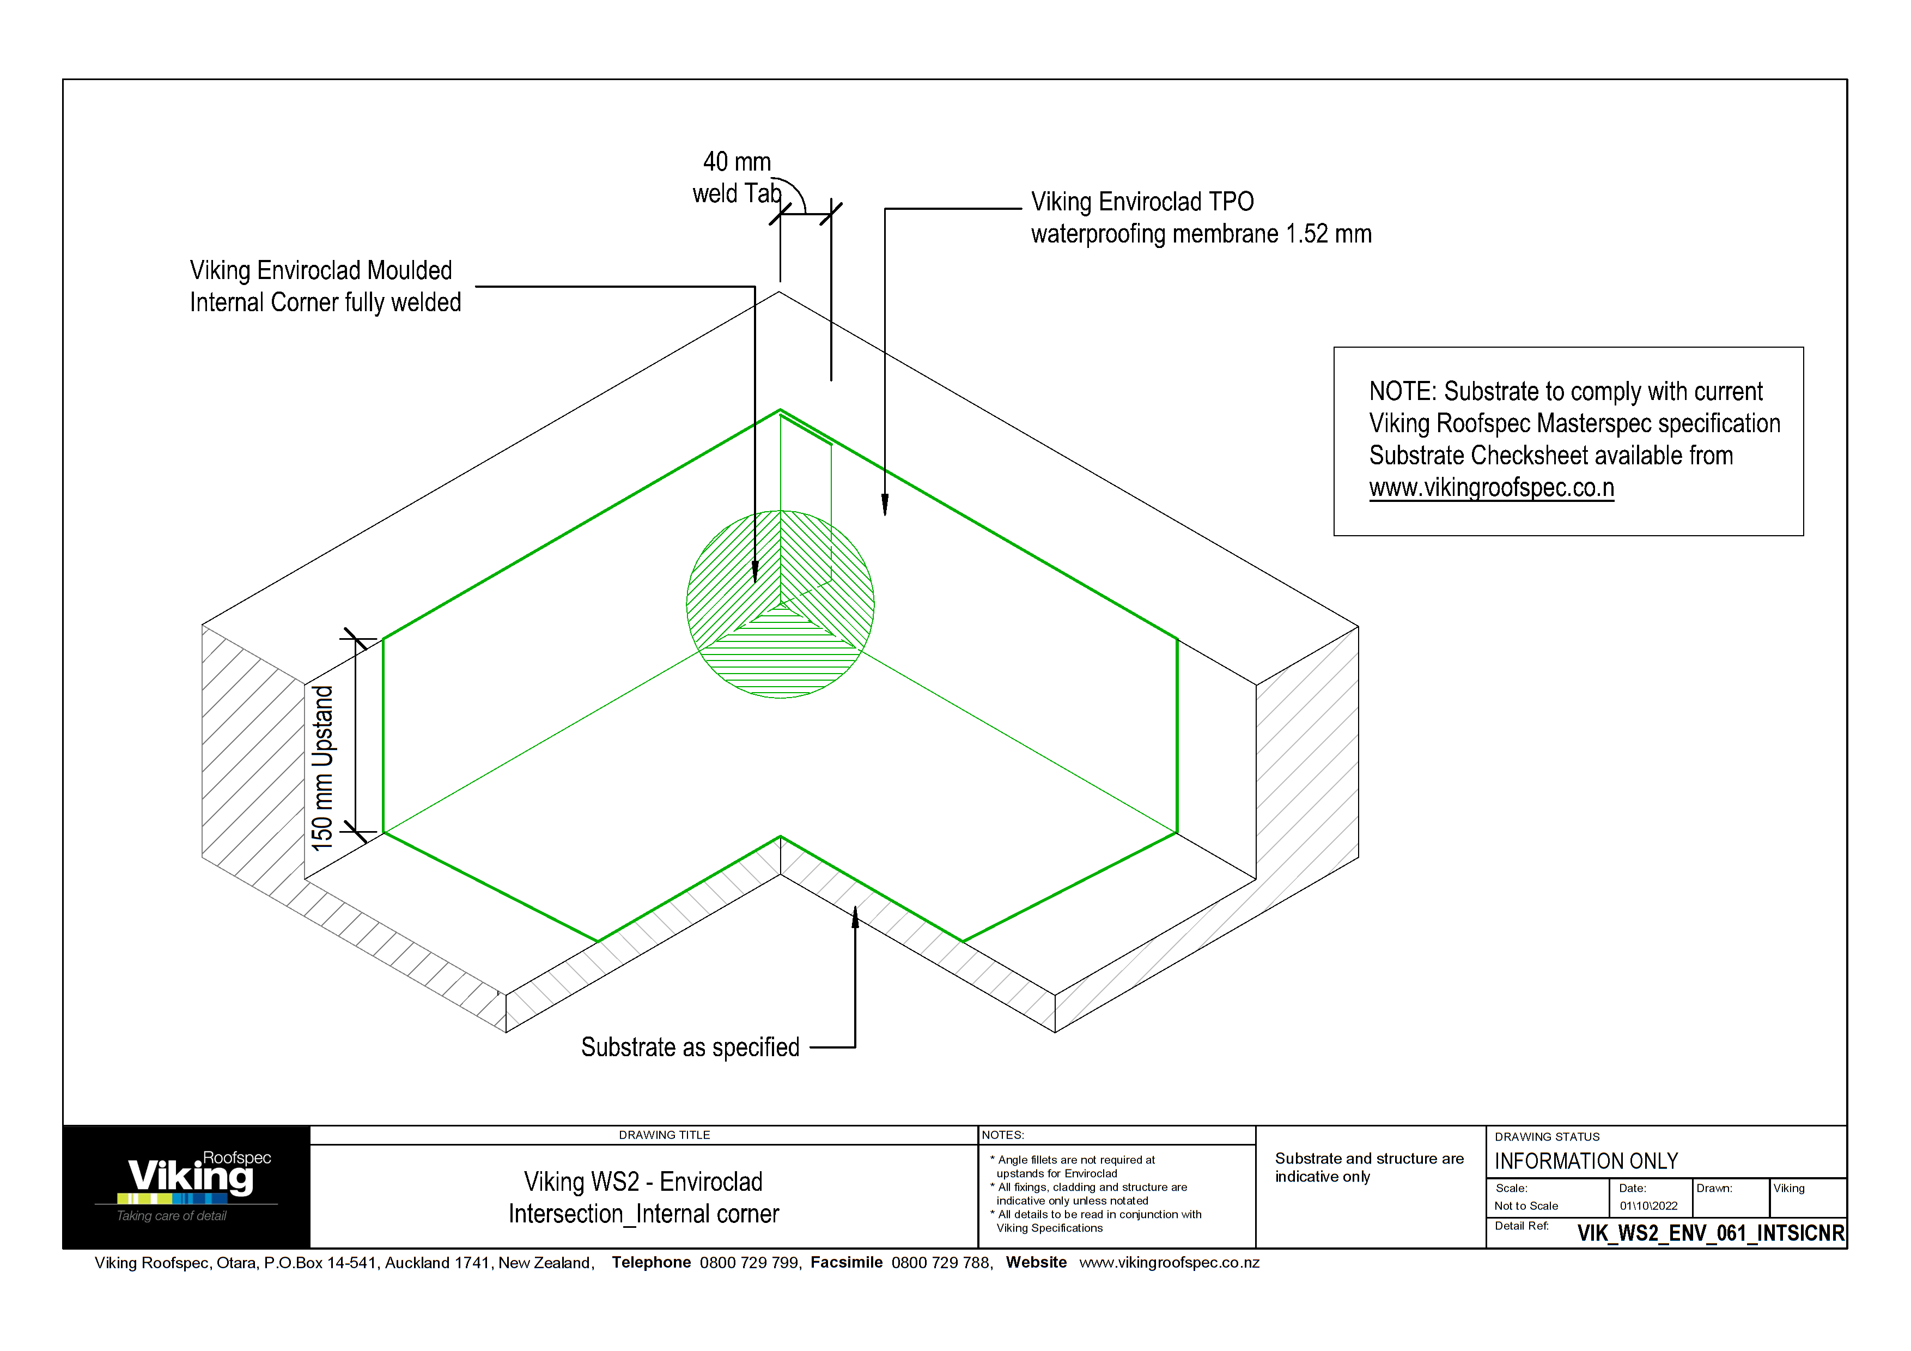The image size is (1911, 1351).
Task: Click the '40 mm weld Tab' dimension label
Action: pyautogui.click(x=737, y=177)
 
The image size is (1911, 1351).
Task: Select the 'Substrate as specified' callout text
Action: pyautogui.click(x=690, y=1046)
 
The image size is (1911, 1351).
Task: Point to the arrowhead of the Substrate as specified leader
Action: pyautogui.click(x=855, y=915)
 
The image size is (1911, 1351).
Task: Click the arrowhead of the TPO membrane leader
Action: pyautogui.click(x=885, y=505)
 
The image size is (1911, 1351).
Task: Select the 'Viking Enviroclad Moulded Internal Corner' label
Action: pyautogui.click(x=325, y=286)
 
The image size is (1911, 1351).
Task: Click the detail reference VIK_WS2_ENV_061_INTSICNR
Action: pyautogui.click(x=1711, y=1233)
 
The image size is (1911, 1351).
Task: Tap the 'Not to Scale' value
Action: pyautogui.click(x=1526, y=1205)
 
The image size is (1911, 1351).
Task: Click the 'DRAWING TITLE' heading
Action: pyautogui.click(x=664, y=1135)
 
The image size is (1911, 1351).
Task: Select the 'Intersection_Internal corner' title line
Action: pyautogui.click(x=643, y=1214)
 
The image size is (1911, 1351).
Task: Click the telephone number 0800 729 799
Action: pyautogui.click(x=749, y=1262)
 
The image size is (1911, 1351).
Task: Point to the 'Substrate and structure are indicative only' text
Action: pyautogui.click(x=1368, y=1167)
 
